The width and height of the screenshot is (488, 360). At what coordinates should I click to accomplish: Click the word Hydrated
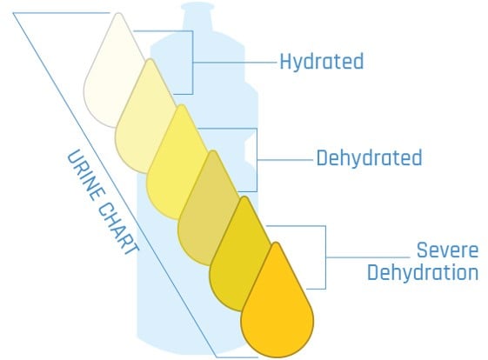click(322, 62)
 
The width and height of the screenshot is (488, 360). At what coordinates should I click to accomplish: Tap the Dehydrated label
click(369, 157)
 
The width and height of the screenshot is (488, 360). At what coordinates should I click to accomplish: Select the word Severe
click(447, 250)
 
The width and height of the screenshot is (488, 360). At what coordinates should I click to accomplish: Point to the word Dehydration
click(423, 272)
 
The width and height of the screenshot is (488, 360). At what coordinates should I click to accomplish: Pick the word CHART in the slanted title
click(119, 230)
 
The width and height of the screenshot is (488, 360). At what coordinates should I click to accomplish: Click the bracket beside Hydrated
click(192, 63)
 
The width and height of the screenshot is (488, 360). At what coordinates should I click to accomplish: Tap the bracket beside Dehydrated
click(257, 160)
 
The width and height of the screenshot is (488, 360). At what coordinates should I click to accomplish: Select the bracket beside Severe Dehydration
click(326, 257)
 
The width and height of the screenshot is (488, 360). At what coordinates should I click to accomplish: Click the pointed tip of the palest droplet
click(118, 13)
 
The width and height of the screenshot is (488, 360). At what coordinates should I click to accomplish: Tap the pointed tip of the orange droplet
click(276, 243)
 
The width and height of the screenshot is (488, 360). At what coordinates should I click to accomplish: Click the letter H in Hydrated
click(285, 62)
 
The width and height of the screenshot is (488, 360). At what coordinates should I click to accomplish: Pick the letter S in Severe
click(422, 250)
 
